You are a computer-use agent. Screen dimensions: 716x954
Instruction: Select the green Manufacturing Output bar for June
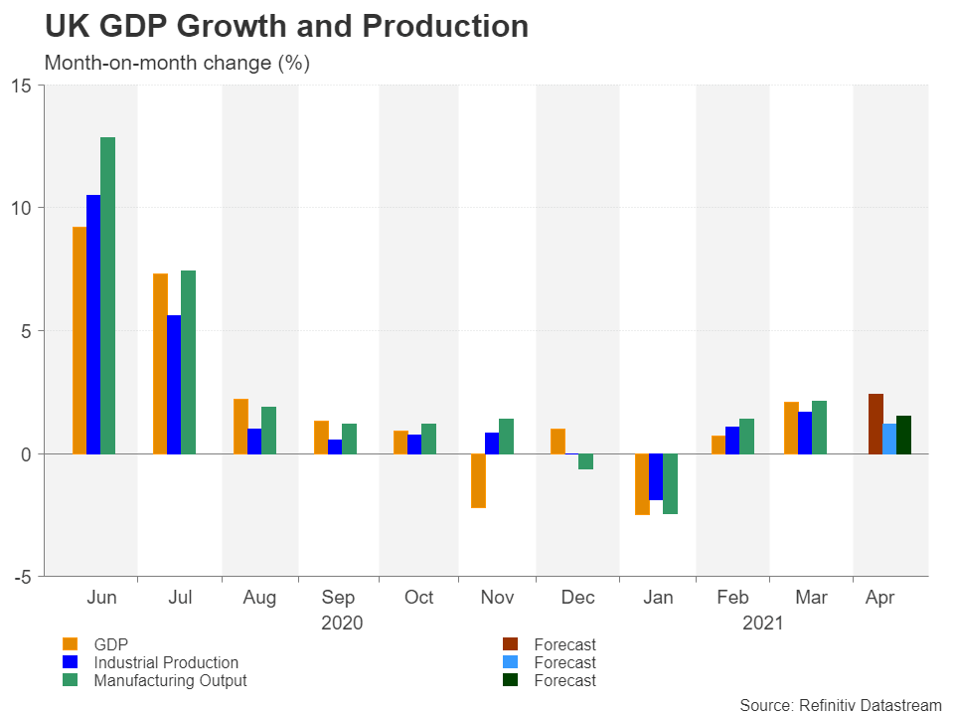[x=107, y=295]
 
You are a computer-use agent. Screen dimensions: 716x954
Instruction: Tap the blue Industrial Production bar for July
[x=174, y=384]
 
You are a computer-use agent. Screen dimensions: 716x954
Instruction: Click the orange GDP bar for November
[x=478, y=480]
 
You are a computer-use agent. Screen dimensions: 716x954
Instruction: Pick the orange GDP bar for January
[x=642, y=484]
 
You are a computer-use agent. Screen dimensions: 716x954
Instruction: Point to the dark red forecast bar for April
[x=875, y=424]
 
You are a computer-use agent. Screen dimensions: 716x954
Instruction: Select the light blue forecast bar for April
[x=889, y=439]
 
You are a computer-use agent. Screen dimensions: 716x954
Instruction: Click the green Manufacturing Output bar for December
[x=585, y=461]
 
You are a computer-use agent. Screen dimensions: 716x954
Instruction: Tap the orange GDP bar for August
[x=240, y=426]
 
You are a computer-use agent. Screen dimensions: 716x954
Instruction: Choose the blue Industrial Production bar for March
[x=805, y=433]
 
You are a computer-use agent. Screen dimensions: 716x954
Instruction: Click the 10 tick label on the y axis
[x=22, y=208]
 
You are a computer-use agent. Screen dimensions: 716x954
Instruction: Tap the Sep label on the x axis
[x=338, y=598]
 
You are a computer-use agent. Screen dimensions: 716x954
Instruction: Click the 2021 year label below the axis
[x=762, y=624]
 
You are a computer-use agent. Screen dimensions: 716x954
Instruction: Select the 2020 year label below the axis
[x=341, y=624]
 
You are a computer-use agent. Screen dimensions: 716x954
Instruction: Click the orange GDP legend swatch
[x=70, y=644]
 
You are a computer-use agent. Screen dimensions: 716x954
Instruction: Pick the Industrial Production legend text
[x=166, y=662]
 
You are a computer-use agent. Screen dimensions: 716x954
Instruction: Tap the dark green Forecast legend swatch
[x=509, y=680]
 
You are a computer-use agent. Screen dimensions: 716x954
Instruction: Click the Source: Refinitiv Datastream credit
[x=840, y=705]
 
